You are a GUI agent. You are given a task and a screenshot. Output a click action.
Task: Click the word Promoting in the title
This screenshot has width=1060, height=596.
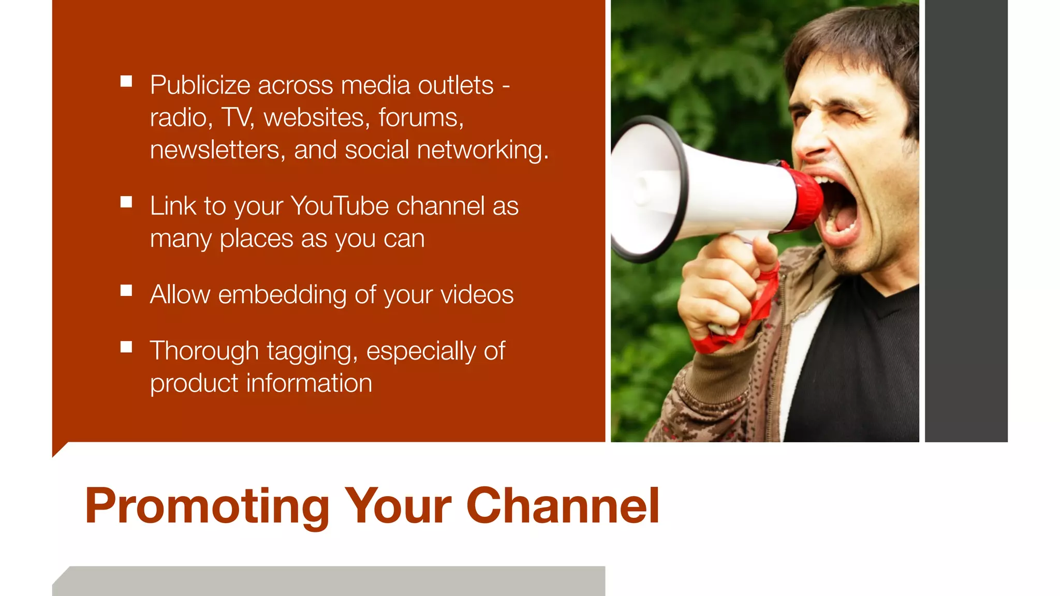[207, 507]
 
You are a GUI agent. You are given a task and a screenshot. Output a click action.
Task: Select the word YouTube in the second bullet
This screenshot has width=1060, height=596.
[340, 206]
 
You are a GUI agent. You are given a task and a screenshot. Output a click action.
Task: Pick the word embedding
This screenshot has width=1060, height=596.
[282, 295]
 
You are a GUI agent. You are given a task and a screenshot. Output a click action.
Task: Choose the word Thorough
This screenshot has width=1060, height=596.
[204, 351]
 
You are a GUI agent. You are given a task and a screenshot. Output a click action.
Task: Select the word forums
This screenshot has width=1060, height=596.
[421, 118]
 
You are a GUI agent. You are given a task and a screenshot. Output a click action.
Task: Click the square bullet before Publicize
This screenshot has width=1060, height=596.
[126, 81]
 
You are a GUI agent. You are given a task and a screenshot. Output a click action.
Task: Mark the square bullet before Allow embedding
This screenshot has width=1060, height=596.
[126, 291]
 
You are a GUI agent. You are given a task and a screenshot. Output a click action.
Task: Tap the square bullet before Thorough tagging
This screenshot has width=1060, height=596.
[126, 347]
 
